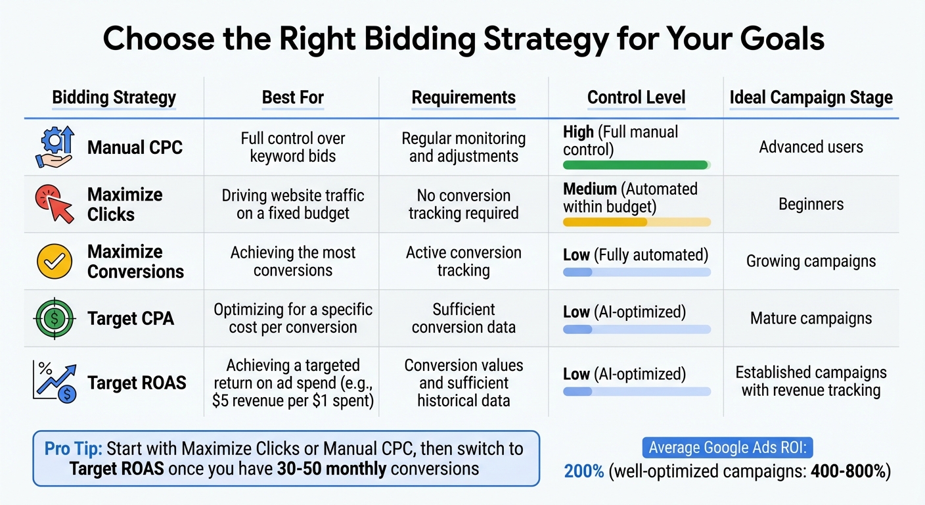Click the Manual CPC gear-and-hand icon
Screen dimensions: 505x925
53,147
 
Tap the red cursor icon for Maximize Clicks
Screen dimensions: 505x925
53,204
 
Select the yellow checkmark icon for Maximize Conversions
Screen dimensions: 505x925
53,261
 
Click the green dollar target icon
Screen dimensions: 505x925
53,318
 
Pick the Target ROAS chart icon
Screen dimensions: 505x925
53,382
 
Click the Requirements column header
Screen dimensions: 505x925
463,98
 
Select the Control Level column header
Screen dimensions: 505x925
636,98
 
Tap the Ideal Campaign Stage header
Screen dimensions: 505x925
811,98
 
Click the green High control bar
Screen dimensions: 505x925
635,165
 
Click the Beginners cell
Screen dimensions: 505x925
811,204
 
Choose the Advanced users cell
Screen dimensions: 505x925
811,147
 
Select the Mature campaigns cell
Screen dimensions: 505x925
811,318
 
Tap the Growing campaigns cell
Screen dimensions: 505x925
811,261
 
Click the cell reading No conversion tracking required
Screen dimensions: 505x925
463,204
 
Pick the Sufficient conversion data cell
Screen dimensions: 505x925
463,318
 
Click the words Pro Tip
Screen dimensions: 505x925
74,449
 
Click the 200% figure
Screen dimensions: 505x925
584,471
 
